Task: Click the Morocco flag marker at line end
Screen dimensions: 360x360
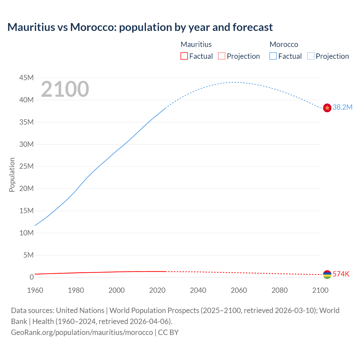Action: pyautogui.click(x=327, y=108)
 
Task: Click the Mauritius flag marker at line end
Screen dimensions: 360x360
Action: pyautogui.click(x=327, y=274)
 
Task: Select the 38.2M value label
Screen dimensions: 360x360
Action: pyautogui.click(x=342, y=107)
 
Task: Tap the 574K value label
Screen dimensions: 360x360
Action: pyautogui.click(x=341, y=274)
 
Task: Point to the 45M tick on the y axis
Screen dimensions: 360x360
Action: pyautogui.click(x=26, y=78)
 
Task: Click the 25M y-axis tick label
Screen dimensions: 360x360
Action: pyautogui.click(x=26, y=166)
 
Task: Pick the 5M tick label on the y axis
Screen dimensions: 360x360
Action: pyautogui.click(x=28, y=255)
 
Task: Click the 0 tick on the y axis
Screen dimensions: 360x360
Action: pyautogui.click(x=32, y=277)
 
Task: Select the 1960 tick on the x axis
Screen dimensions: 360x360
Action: pyautogui.click(x=35, y=290)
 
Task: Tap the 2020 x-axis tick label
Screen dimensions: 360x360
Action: pyautogui.click(x=157, y=290)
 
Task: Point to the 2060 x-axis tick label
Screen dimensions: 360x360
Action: pyautogui.click(x=239, y=290)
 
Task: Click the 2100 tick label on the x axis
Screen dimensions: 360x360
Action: pyautogui.click(x=320, y=290)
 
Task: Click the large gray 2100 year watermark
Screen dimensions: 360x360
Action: pyautogui.click(x=65, y=89)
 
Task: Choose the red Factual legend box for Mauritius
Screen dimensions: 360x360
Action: pyautogui.click(x=184, y=56)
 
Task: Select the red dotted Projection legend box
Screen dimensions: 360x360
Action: pyautogui.click(x=222, y=56)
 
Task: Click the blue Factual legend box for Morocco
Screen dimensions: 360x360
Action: pyautogui.click(x=273, y=56)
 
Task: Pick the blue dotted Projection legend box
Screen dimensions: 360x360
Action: pyautogui.click(x=310, y=56)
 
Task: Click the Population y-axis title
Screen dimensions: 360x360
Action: pyautogui.click(x=12, y=175)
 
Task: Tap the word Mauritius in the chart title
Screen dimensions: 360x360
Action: pyautogui.click(x=31, y=27)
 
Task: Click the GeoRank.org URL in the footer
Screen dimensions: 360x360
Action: pyautogui.click(x=82, y=332)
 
